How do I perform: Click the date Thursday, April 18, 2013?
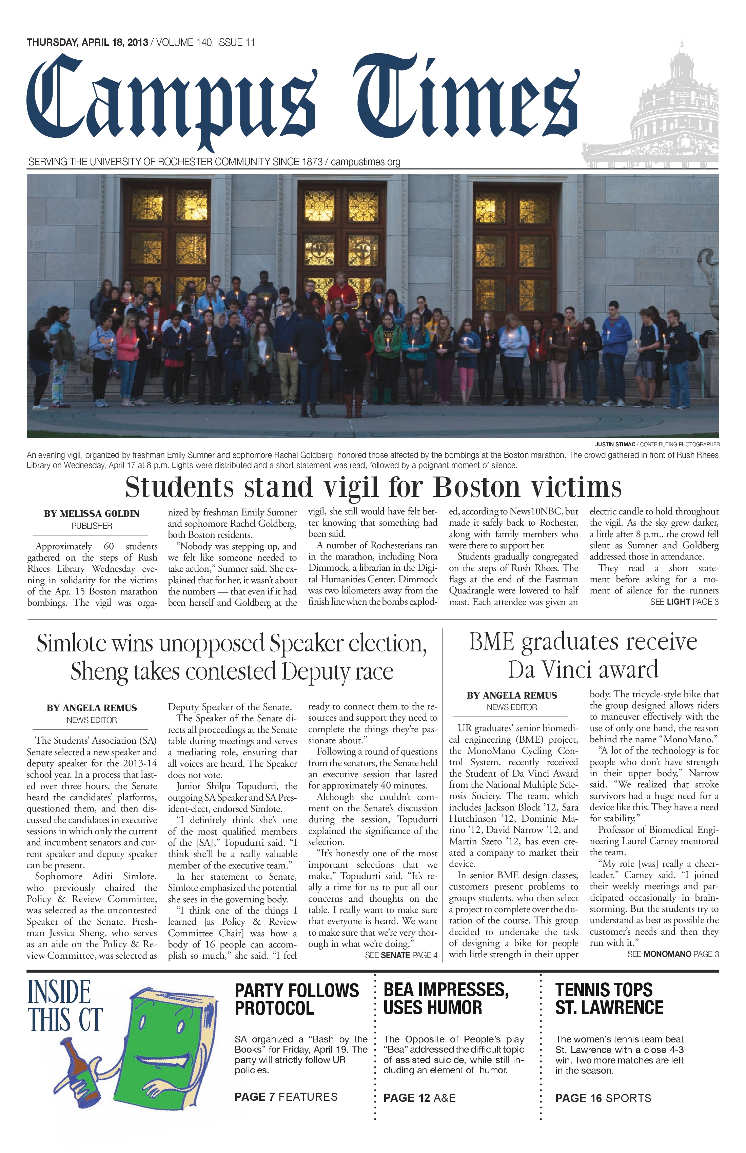(87, 43)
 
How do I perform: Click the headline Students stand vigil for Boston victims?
(373, 487)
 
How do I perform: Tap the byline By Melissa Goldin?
(92, 513)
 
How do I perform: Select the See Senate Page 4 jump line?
(401, 956)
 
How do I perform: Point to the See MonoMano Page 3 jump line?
(673, 954)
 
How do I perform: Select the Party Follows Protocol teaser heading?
(296, 999)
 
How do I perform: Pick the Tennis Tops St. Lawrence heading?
(609, 999)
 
